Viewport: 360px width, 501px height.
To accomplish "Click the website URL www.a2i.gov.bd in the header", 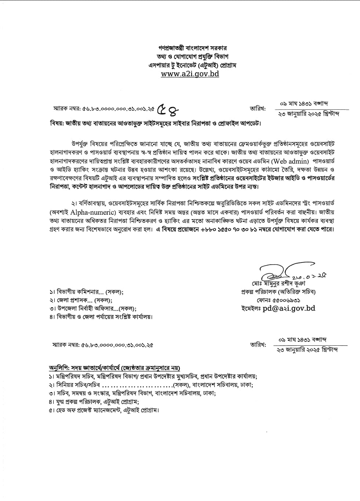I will tap(190, 73).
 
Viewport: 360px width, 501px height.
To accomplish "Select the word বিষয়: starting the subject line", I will tap(57, 123).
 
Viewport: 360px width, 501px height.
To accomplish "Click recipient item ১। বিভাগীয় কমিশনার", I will tap(86, 292).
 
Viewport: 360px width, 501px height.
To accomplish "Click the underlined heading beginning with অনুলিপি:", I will tap(114, 368).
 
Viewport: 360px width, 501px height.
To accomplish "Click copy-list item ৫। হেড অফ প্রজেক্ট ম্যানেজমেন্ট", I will tap(104, 410).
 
